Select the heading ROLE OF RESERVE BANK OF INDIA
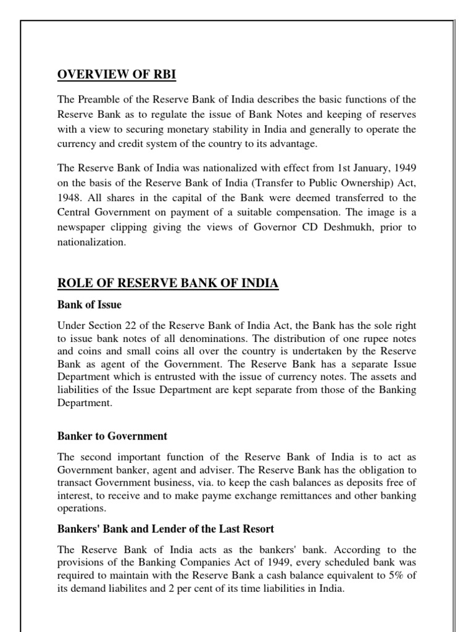tap(168, 283)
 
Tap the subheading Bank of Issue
tap(89, 304)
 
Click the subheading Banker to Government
tap(112, 436)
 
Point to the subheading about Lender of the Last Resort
tap(166, 529)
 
